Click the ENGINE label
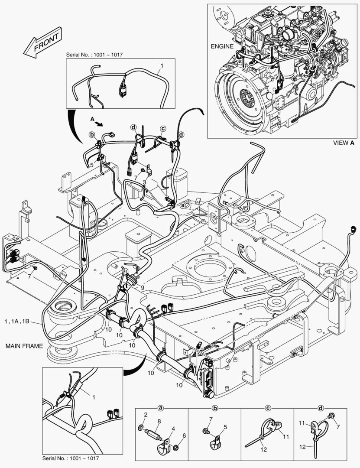(222, 46)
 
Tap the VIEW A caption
(344, 143)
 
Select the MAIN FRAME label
(24, 346)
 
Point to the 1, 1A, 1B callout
(17, 322)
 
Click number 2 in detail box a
(146, 415)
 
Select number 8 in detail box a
(159, 421)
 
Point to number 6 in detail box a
(184, 435)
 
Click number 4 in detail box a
(173, 429)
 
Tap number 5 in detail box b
(225, 427)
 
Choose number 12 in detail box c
(263, 450)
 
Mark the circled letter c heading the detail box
(268, 408)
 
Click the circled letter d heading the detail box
(321, 408)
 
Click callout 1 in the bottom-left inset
(94, 396)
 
